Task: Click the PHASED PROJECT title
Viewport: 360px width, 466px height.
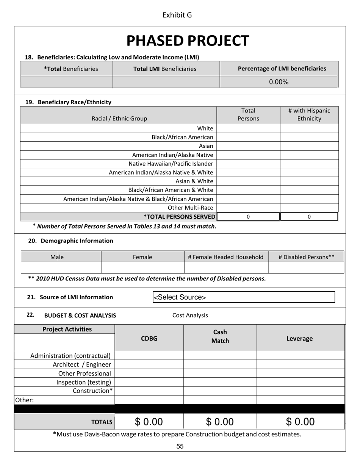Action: tap(188, 41)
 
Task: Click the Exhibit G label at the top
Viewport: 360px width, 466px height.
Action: tap(177, 15)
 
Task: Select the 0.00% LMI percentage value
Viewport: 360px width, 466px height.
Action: tap(279, 82)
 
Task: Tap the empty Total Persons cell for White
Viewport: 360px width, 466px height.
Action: tap(248, 128)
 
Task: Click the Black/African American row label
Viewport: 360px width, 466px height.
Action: tap(182, 137)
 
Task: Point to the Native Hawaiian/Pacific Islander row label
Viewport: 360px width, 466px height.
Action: tap(171, 164)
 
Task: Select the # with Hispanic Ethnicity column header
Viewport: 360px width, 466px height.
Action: tap(309, 115)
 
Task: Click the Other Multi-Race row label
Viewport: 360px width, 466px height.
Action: tap(190, 208)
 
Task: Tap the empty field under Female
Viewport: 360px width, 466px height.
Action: tap(142, 267)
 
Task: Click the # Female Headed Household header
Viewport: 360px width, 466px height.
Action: tap(226, 257)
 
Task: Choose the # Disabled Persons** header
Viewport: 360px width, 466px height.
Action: tap(306, 257)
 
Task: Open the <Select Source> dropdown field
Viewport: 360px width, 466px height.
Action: tap(244, 297)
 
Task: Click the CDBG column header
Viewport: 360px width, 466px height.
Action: tap(149, 339)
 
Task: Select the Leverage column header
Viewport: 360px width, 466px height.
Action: tap(299, 339)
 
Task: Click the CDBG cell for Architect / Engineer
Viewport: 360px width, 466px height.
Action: tap(149, 364)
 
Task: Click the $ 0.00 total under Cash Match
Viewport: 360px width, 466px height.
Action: tap(220, 422)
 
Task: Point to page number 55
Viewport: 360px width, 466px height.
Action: tap(180, 446)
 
